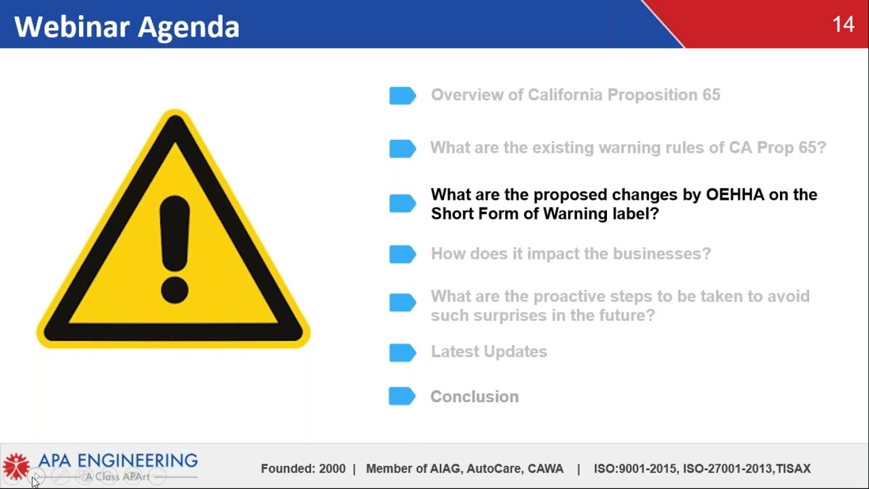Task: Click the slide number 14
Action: [843, 25]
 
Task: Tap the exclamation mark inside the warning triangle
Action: [174, 249]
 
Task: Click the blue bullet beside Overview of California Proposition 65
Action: [402, 96]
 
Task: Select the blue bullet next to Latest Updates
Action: [402, 352]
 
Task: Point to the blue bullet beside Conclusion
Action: [402, 397]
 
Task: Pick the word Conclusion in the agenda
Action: [474, 397]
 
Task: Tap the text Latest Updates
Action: [489, 352]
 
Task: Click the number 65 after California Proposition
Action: [711, 95]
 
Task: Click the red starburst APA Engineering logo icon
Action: [16, 467]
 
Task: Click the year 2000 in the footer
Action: [332, 469]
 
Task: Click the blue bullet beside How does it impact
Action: [402, 254]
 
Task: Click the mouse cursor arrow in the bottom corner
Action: [35, 481]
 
